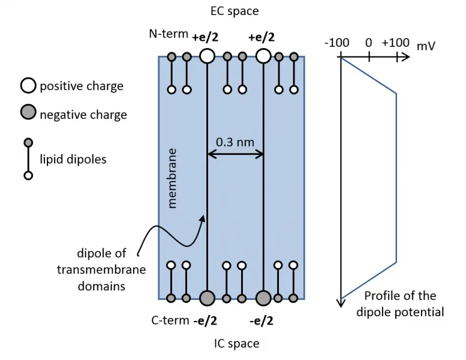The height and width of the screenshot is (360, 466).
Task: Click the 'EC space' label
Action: pos(234,11)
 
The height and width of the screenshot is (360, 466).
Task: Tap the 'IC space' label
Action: pos(236,344)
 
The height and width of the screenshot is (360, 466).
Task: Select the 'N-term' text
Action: pos(169,34)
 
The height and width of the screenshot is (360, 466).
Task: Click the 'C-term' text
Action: pos(170,320)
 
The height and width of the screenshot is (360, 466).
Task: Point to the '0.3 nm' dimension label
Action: pos(235,142)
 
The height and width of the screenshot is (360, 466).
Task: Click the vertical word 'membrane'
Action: pos(173,178)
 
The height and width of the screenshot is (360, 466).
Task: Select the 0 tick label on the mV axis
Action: pos(368,43)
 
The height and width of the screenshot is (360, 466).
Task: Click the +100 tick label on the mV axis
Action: pos(395,43)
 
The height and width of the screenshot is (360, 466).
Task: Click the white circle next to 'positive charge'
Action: pos(28,86)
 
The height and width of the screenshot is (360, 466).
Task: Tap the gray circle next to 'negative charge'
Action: pos(28,114)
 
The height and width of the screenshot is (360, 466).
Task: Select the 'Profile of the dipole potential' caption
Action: pos(399,304)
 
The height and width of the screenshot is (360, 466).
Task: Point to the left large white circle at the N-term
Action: pos(207,56)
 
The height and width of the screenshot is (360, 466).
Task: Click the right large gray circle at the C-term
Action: pos(263,298)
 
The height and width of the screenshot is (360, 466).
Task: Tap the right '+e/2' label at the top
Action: pos(261,37)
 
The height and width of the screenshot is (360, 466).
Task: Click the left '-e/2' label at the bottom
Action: pos(206,320)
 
